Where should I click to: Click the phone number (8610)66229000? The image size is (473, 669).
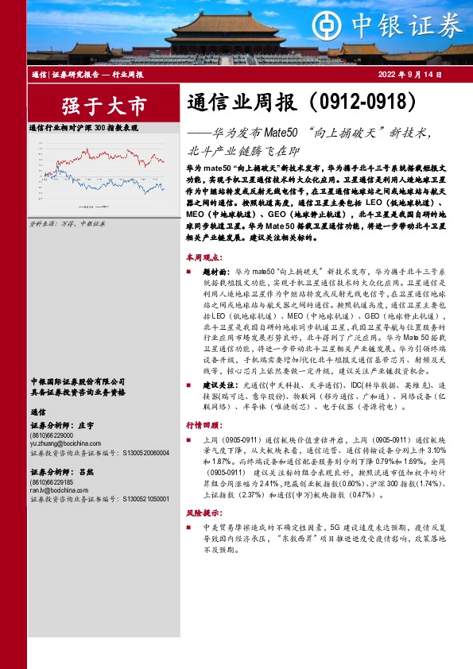coord(52,436)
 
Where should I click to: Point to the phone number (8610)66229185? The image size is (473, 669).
coord(52,483)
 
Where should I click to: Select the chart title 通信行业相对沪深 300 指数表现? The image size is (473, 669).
coord(83,127)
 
